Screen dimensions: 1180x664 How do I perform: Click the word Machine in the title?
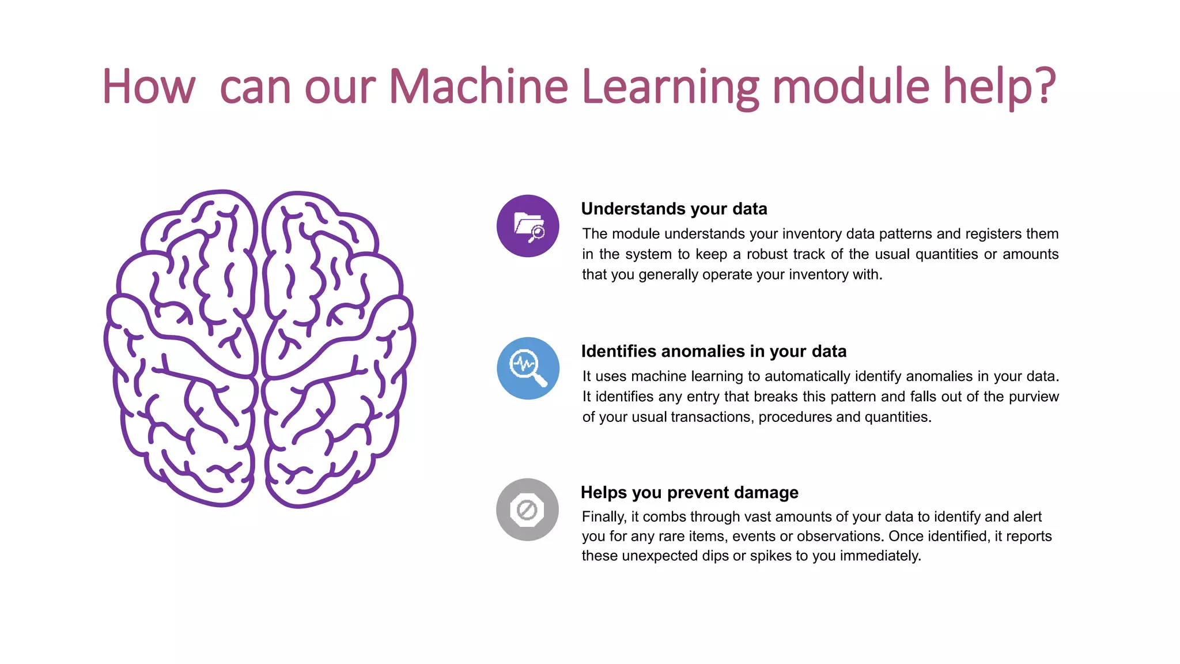[479, 86]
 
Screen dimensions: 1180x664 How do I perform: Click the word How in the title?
[149, 86]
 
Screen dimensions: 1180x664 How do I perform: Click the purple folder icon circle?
[528, 226]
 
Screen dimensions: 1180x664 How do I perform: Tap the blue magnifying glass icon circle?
[528, 368]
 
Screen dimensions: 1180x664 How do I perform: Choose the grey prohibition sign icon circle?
[527, 510]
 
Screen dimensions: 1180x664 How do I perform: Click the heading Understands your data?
[674, 209]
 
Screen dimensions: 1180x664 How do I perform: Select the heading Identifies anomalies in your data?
[714, 351]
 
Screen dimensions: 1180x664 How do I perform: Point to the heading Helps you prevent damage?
[690, 492]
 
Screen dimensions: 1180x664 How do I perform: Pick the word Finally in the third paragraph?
[603, 516]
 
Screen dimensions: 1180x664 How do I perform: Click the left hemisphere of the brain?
[181, 346]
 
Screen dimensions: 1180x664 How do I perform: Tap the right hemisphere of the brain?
[337, 346]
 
